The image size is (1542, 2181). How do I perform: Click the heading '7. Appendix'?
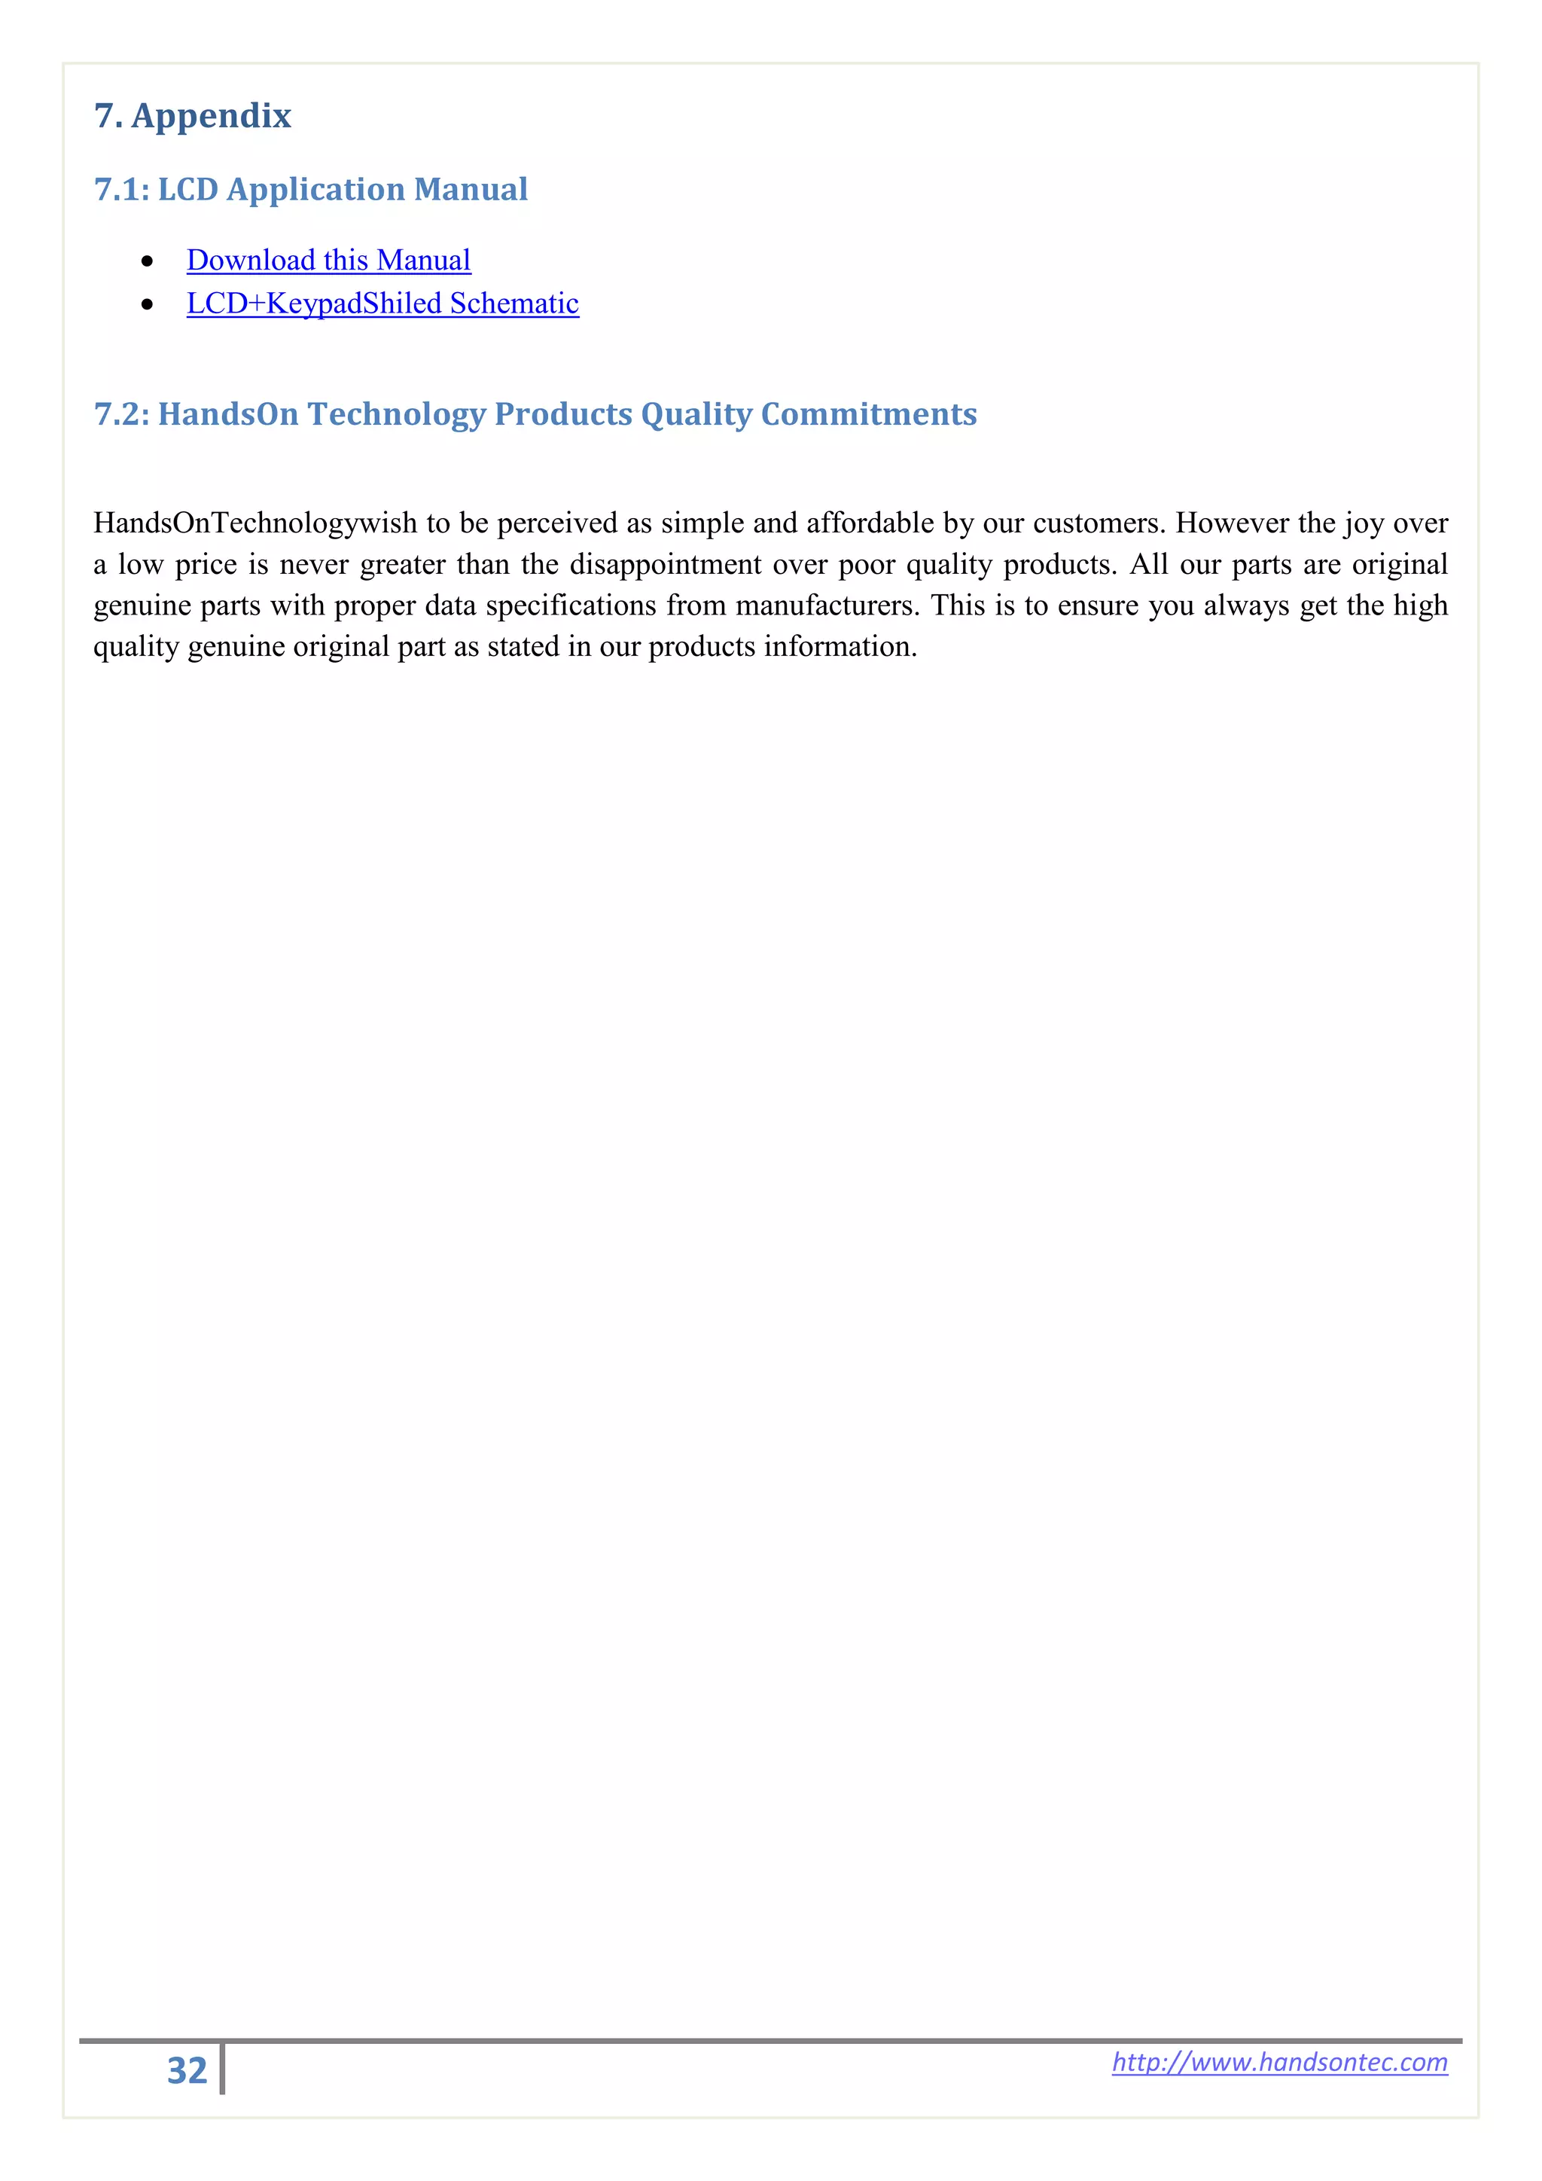pos(192,116)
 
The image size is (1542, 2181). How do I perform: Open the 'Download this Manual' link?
pos(328,261)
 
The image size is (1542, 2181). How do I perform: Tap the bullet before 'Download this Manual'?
pos(147,261)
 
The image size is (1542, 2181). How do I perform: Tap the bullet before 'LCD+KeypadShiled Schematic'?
pos(147,305)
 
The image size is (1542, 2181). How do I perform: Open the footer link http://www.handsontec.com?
pos(1279,2062)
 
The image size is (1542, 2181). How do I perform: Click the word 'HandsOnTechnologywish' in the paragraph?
pos(255,523)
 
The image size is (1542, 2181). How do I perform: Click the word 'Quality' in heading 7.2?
pos(696,414)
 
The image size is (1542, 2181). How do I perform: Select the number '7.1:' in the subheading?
pos(121,190)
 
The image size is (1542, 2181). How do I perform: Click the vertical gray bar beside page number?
pos(222,2069)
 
